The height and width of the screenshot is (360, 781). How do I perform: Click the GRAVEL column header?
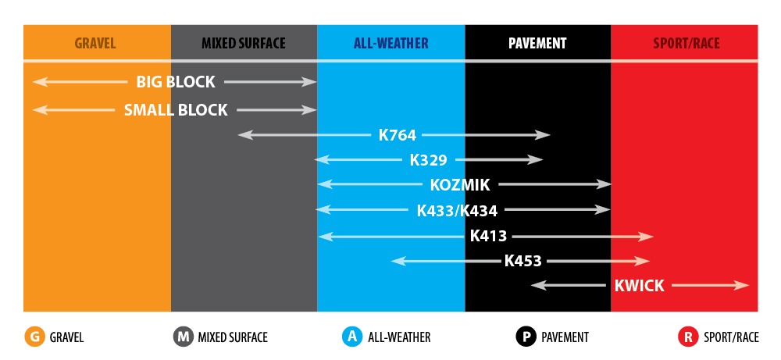pos(95,43)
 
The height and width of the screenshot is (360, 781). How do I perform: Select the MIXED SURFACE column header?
pos(244,43)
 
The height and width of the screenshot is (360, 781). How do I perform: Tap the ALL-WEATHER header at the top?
pos(391,43)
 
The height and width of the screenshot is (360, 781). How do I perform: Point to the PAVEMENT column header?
pos(537,43)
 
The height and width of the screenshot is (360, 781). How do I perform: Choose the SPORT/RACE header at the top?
pos(686,43)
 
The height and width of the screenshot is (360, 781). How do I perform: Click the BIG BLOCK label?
pos(176,82)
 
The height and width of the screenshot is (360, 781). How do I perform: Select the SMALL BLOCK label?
pos(176,110)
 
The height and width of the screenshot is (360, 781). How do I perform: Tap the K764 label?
pos(397,135)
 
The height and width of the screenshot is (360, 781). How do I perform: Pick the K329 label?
pos(428,160)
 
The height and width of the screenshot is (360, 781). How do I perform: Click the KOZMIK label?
pos(460,185)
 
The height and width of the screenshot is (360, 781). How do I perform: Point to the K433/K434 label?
pos(457,211)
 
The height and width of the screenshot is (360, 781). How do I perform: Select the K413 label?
pos(488,236)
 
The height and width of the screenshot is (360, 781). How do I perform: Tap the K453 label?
pos(522,261)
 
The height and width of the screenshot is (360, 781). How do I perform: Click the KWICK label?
pos(639,286)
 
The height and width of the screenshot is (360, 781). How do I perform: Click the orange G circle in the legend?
pos(34,337)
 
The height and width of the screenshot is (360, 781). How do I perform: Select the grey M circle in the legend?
pos(184,337)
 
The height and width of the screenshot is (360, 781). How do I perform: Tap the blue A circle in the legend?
pos(353,337)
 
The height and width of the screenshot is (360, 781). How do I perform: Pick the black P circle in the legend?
pos(526,337)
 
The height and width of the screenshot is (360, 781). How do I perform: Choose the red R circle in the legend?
pos(688,337)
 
